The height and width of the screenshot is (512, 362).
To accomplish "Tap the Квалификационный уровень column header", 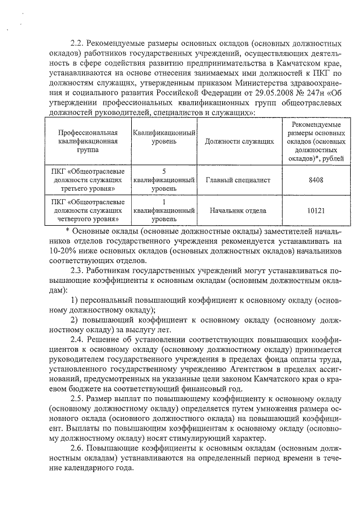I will [163, 136].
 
